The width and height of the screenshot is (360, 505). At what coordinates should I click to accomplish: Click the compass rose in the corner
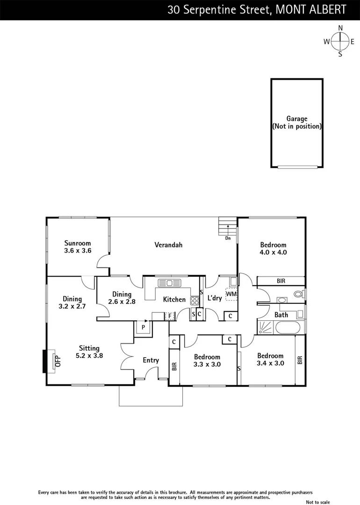pyautogui.click(x=340, y=41)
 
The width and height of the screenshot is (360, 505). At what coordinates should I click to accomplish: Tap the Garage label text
pyautogui.click(x=297, y=123)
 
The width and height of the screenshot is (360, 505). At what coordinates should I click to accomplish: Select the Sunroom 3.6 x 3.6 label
pyautogui.click(x=78, y=247)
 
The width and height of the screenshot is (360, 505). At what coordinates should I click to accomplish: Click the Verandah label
pyautogui.click(x=168, y=245)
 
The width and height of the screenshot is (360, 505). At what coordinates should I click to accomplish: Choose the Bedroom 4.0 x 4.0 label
pyautogui.click(x=273, y=248)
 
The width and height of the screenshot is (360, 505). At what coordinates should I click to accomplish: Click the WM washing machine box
pyautogui.click(x=231, y=294)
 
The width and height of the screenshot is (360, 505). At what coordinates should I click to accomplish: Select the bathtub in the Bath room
pyautogui.click(x=286, y=327)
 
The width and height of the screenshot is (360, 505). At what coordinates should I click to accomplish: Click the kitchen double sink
pyautogui.click(x=166, y=282)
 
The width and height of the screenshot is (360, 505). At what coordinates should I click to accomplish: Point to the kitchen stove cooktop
pyautogui.click(x=194, y=301)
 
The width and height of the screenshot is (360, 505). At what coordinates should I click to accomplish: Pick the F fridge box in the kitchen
pyautogui.click(x=170, y=316)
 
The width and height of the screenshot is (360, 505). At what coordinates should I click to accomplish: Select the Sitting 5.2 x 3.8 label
pyautogui.click(x=89, y=352)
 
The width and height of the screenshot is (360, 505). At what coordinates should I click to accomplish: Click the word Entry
pyautogui.click(x=151, y=360)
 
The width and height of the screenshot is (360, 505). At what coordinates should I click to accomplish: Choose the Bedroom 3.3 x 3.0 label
pyautogui.click(x=207, y=361)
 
